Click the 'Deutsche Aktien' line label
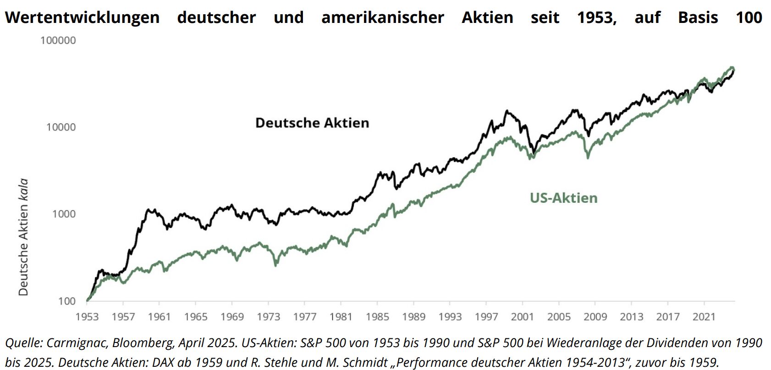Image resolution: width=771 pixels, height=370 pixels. [312, 123]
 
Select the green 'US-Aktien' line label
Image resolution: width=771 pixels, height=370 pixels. [563, 198]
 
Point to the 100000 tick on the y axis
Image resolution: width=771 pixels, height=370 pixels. [58, 40]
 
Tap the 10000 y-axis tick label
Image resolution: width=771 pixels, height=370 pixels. [61, 127]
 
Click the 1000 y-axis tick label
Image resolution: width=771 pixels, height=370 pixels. [63, 214]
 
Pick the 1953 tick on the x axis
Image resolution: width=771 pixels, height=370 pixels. [87, 317]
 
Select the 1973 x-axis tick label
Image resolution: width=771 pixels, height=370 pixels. [268, 317]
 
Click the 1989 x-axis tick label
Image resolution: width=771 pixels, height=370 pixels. [413, 317]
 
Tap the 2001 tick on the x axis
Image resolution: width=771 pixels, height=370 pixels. [522, 317]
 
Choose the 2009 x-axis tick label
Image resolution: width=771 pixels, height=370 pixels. [595, 317]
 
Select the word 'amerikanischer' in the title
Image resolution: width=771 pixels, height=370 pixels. [383, 17]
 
